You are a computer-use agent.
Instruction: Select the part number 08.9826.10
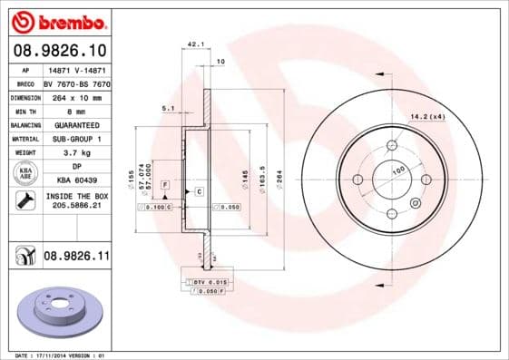(59, 49)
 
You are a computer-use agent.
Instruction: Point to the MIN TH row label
(24, 110)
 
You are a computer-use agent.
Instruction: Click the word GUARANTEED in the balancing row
(76, 124)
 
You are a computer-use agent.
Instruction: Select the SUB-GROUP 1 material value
(76, 139)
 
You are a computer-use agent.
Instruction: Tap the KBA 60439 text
(76, 180)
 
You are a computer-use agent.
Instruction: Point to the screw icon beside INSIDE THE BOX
(24, 201)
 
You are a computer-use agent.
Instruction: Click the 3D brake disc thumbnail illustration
(60, 311)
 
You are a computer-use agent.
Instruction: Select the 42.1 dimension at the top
(193, 44)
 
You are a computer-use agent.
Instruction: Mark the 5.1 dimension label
(168, 108)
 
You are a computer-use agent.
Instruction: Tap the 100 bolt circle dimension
(397, 170)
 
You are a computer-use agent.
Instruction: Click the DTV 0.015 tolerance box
(210, 284)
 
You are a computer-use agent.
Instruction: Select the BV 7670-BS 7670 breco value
(76, 82)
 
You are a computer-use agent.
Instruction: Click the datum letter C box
(198, 192)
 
